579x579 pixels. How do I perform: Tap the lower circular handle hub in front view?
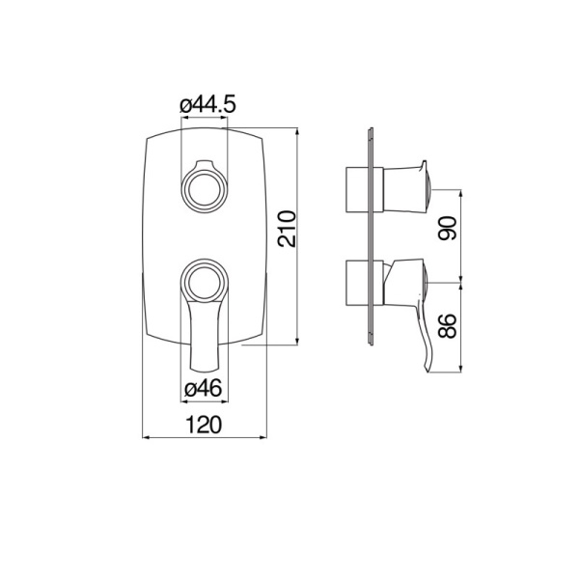[x=204, y=281]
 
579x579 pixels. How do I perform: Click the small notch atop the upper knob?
[x=204, y=161]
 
